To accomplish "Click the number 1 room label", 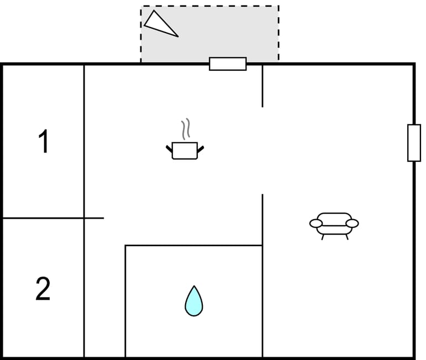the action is coord(44,141).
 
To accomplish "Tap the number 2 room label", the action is coord(43,288).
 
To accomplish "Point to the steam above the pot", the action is coord(186,129).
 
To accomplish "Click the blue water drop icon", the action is coord(194,301).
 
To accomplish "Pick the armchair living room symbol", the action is coord(334,226).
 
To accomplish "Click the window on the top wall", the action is coord(228,64).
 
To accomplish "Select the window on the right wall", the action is coord(414,143).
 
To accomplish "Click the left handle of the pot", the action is coord(169,149).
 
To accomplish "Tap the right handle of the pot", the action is coord(201,149).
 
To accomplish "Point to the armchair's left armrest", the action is coord(316,224).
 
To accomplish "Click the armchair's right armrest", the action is coord(352,224).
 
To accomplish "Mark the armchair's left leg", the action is coord(323,237).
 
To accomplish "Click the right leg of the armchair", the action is coord(347,237).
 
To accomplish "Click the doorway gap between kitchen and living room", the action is coord(262,151).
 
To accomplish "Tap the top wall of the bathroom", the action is coord(194,246).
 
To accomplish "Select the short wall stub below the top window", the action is coord(262,86).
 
